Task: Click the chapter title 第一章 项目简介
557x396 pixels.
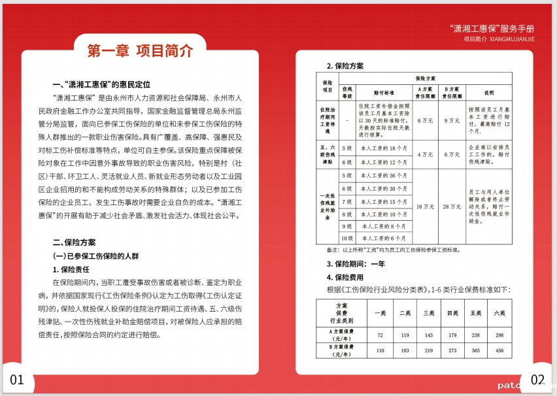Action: click(x=140, y=50)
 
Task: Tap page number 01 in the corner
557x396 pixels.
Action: click(x=16, y=380)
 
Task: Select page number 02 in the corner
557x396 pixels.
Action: click(x=537, y=380)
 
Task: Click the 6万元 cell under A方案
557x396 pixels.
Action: click(x=425, y=120)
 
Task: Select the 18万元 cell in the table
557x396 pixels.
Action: click(x=425, y=206)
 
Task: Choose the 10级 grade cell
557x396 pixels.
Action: click(x=347, y=238)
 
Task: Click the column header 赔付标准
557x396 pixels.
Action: click(x=384, y=92)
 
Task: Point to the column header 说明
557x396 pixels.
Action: click(x=489, y=92)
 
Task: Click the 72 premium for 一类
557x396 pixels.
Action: click(x=380, y=335)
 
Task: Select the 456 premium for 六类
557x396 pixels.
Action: click(x=500, y=351)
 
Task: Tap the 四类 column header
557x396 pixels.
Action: click(x=452, y=313)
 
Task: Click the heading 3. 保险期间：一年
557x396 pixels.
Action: click(x=356, y=264)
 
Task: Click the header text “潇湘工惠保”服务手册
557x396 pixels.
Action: click(x=493, y=29)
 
